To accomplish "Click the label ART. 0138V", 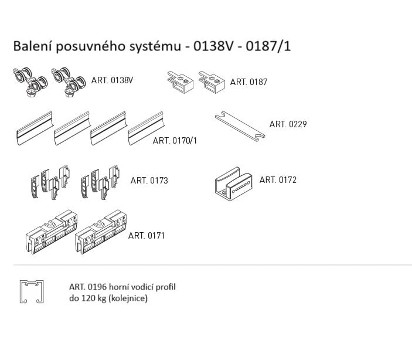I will click(x=112, y=81).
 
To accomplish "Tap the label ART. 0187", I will click(x=248, y=82).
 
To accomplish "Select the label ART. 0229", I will click(x=288, y=124).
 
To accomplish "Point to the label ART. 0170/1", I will click(x=175, y=141).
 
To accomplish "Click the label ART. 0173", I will click(x=149, y=181).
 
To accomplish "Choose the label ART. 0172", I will click(x=278, y=180).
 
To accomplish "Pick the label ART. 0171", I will click(x=147, y=236).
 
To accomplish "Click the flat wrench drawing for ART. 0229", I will click(x=240, y=126).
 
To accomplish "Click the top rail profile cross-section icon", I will click(x=32, y=292).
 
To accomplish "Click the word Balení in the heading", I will click(x=31, y=46).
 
